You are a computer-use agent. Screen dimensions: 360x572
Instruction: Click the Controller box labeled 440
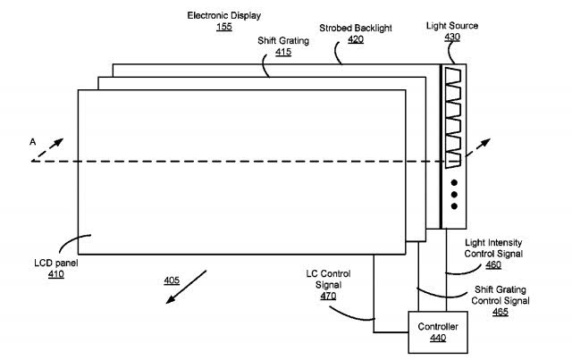[x=437, y=331]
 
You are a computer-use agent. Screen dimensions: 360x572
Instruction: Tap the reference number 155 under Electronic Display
[x=224, y=29]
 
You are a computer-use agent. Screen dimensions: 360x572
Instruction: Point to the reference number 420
[x=356, y=40]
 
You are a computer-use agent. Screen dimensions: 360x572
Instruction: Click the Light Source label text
[x=452, y=26]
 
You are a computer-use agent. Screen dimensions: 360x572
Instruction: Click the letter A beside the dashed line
[x=32, y=141]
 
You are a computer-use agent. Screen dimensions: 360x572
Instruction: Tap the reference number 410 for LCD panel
[x=57, y=274]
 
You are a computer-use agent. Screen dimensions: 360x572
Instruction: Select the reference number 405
[x=172, y=280]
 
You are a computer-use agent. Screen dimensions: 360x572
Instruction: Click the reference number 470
[x=327, y=296]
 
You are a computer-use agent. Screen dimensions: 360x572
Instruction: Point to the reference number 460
[x=493, y=264]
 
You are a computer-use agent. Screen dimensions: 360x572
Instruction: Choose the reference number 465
[x=500, y=312]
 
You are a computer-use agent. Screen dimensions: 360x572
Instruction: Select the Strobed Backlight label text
[x=355, y=29]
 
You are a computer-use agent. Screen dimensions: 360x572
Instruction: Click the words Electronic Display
[x=224, y=17]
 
